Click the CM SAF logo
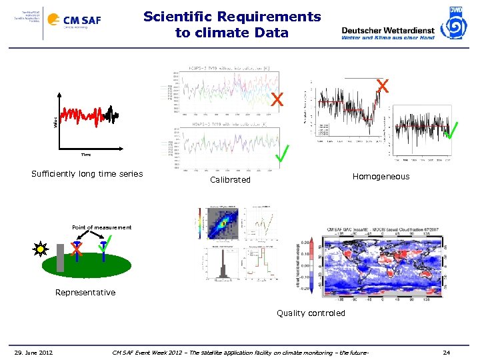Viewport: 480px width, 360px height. (81, 21)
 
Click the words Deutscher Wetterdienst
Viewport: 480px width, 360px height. (387, 30)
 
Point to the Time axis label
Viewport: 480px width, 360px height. (86, 154)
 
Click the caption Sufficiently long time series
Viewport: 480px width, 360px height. (87, 174)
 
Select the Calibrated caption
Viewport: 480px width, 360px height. (230, 180)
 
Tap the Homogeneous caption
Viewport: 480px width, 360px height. (381, 177)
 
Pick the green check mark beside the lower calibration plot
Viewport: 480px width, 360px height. (283, 155)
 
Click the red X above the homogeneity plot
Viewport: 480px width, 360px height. (383, 85)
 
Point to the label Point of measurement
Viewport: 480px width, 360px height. (102, 228)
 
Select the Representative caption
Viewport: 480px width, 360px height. (85, 293)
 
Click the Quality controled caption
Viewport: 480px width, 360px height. (311, 313)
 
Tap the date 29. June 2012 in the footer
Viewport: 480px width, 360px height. (33, 352)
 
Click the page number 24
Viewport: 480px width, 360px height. (447, 352)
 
